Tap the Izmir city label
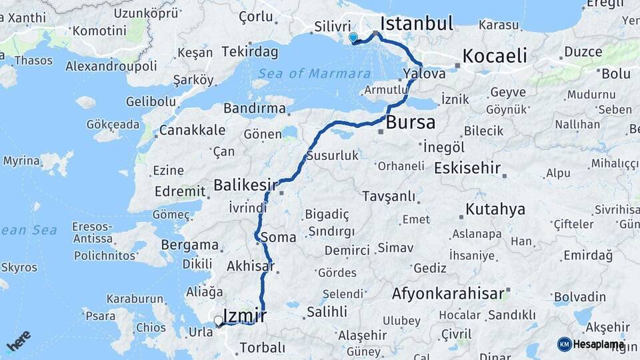pos(245,315)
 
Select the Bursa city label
pos(411,123)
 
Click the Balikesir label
pos(245,185)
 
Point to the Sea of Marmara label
pos(314,73)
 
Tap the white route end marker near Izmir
pos(218,321)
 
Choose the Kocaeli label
pos(495,56)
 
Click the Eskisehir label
pos(467,168)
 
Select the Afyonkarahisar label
pos(447,293)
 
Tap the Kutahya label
pos(495,209)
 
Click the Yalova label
pos(424,73)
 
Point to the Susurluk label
pos(333,156)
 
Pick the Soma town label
pos(279,237)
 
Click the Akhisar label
pos(251,266)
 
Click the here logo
pos(18,341)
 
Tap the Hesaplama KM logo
pos(591,344)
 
